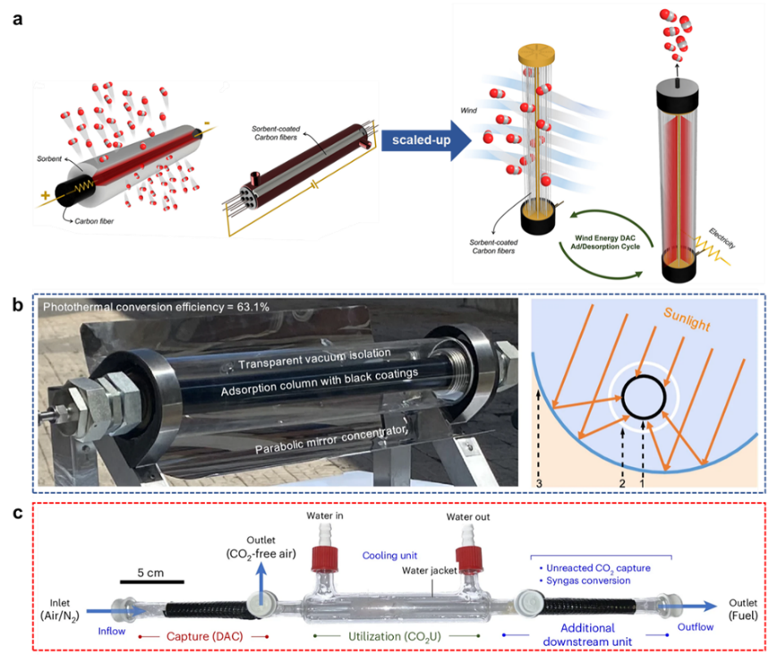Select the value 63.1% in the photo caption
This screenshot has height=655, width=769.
tap(226, 309)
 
